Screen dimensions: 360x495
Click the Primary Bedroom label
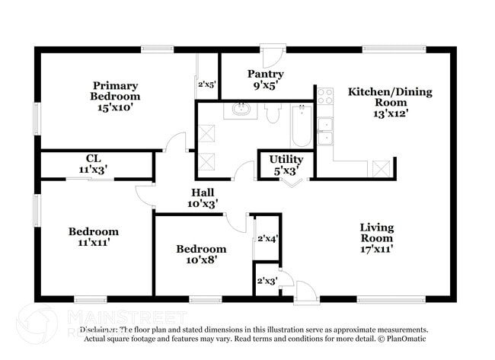(x=116, y=96)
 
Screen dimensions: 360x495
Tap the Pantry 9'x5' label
(x=266, y=79)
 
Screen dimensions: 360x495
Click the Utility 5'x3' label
(x=286, y=164)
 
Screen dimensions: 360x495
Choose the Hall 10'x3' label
(x=203, y=198)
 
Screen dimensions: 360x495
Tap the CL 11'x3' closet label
(x=94, y=164)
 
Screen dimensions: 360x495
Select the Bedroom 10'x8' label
(x=201, y=254)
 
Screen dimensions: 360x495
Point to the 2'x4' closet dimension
(x=267, y=239)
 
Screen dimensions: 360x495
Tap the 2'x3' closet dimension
(x=267, y=282)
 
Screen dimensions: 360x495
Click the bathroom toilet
(x=273, y=113)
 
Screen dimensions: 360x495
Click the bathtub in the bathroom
(x=301, y=125)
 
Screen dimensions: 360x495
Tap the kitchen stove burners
(x=325, y=96)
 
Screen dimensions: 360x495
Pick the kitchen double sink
(x=325, y=132)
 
